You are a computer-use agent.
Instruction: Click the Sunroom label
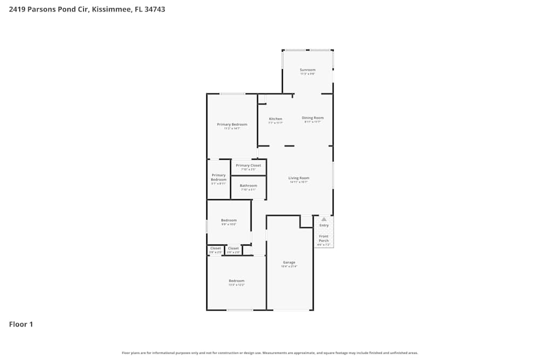[308, 70]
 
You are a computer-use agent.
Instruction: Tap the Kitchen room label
[275, 119]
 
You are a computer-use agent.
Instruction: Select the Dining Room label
[313, 118]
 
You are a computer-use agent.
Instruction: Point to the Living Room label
[299, 178]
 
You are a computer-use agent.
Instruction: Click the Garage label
[288, 262]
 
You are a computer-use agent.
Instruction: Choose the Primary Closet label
[248, 166]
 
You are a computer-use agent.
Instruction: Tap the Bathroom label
[248, 186]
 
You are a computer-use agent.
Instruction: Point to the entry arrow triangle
[323, 220]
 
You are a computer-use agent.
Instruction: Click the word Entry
[323, 225]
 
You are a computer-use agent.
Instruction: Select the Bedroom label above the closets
[229, 220]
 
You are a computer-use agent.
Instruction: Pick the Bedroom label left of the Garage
[237, 281]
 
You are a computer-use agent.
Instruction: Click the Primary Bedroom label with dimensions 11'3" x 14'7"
[232, 125]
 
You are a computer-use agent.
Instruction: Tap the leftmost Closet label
[215, 248]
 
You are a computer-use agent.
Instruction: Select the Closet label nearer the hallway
[233, 248]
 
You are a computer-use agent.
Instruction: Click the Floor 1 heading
[21, 324]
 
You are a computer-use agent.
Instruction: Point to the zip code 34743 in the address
[154, 9]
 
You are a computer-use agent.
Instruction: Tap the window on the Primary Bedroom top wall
[232, 94]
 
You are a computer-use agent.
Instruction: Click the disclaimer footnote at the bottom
[270, 353]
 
